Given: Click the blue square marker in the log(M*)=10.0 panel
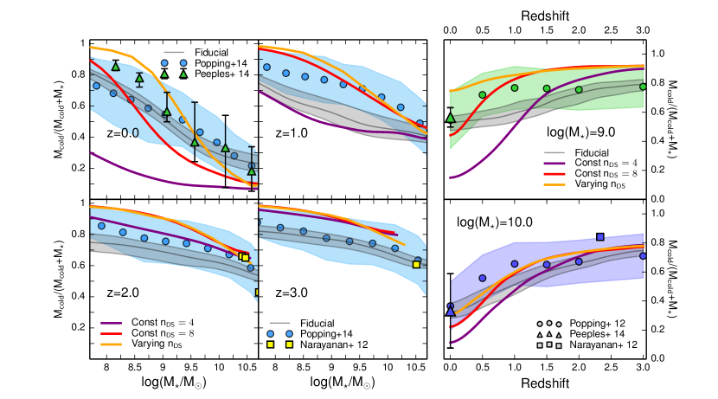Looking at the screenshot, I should pyautogui.click(x=600, y=237).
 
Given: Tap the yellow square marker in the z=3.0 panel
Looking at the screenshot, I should pyautogui.click(x=417, y=265).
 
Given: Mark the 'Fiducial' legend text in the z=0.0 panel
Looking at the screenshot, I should pyautogui.click(x=213, y=52).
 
